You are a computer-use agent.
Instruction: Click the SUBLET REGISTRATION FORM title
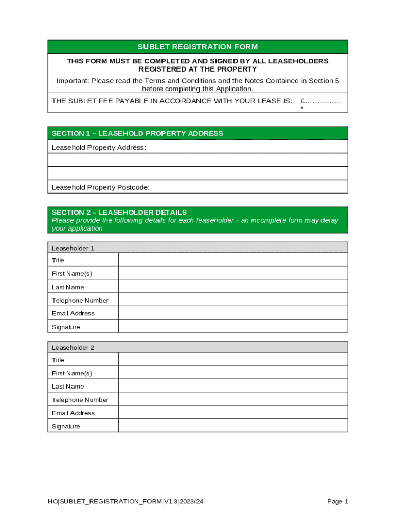(x=197, y=47)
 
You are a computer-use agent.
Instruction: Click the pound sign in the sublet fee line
(x=303, y=101)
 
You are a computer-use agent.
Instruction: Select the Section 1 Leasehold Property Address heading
(x=137, y=133)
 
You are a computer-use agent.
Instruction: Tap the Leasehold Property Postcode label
(x=101, y=187)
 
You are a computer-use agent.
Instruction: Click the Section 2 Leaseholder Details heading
(x=119, y=212)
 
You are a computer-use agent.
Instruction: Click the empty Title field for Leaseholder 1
(x=232, y=260)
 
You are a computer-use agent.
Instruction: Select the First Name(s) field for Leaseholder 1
(x=232, y=273)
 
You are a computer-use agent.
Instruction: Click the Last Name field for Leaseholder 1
(x=232, y=287)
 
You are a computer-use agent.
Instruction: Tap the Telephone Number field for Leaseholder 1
(x=232, y=300)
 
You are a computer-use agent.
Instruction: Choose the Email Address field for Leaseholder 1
(x=232, y=313)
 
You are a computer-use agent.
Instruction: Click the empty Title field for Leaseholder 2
(x=232, y=360)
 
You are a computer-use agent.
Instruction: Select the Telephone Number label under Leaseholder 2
(x=80, y=400)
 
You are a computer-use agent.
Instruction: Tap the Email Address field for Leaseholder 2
(x=232, y=413)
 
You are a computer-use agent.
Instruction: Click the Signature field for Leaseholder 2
(x=232, y=426)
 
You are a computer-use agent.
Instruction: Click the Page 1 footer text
(x=337, y=501)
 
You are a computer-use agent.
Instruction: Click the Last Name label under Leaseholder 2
(x=68, y=387)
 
